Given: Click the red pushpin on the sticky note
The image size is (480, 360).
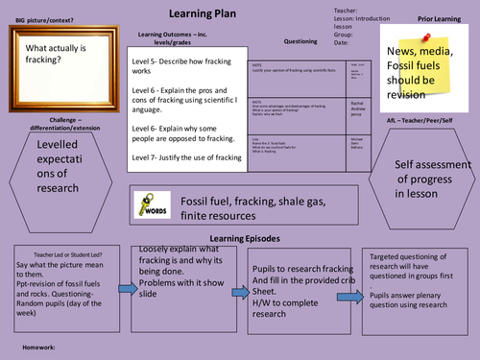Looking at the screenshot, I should [x=421, y=32].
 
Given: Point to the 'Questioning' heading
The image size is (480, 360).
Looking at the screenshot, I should [x=300, y=41].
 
